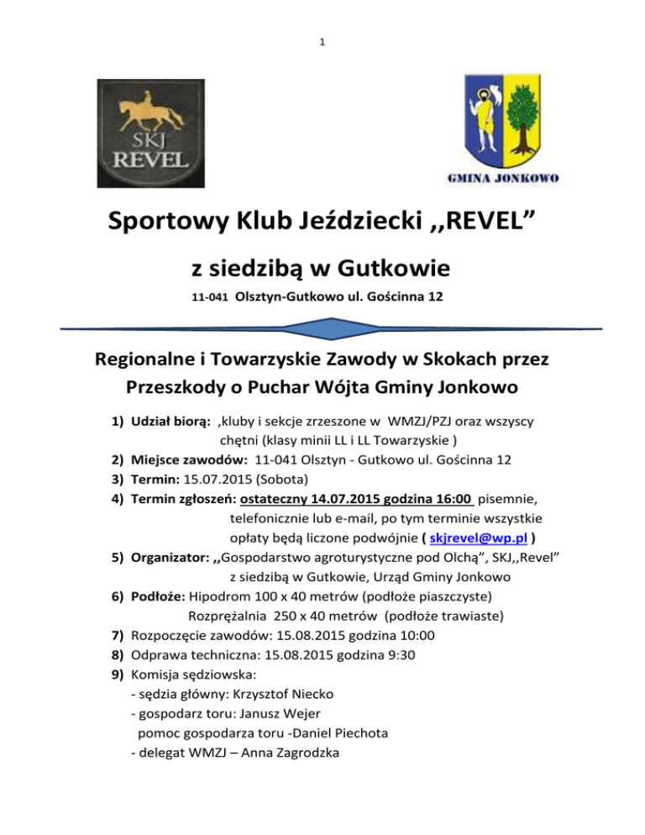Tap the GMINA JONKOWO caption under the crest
click(501, 178)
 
